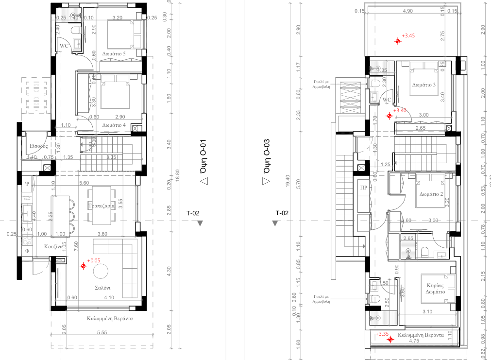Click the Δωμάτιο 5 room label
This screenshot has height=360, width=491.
(x=114, y=54)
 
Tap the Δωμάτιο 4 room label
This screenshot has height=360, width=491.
(x=114, y=125)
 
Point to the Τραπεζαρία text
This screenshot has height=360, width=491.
(x=102, y=206)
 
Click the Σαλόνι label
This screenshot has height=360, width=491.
(x=102, y=288)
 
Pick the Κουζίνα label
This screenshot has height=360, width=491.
(x=51, y=246)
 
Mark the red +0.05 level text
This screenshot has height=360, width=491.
(x=94, y=260)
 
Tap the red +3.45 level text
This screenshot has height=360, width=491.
(x=409, y=36)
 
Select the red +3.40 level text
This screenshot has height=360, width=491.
(x=400, y=110)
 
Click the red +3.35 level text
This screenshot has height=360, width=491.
(x=383, y=334)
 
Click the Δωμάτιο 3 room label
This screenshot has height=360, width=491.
(x=424, y=85)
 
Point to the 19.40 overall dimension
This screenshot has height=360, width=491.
(x=288, y=183)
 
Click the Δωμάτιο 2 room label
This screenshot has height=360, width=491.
(x=431, y=194)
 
